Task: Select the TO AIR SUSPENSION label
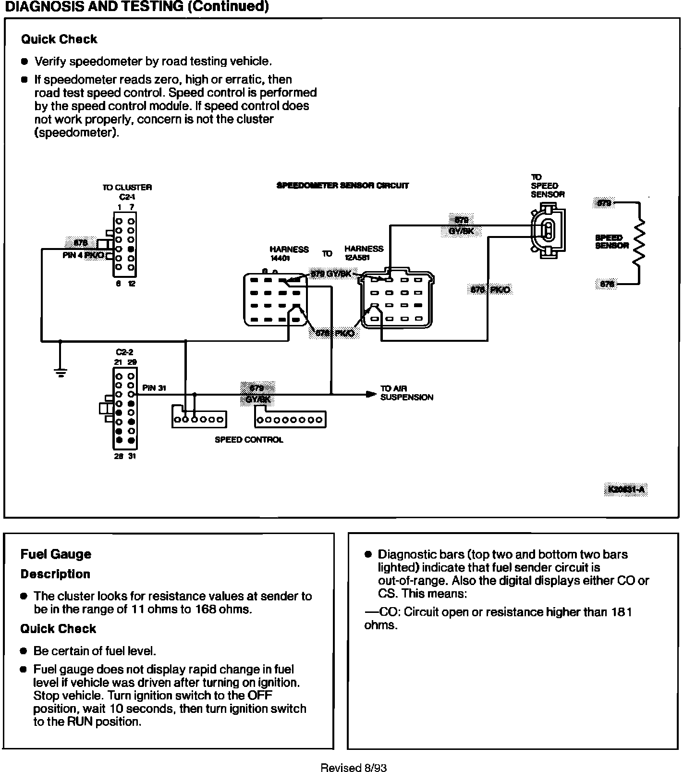406,393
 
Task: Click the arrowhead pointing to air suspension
370,394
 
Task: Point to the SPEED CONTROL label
249,439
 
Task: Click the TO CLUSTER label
127,187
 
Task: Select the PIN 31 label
154,388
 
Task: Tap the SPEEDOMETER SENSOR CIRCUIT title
342,186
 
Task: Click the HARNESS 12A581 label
364,253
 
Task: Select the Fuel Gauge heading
56,554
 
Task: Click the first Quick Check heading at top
59,39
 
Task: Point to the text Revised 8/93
354,768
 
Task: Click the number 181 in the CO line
622,612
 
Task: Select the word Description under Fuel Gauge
55,574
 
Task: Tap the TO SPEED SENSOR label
547,186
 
